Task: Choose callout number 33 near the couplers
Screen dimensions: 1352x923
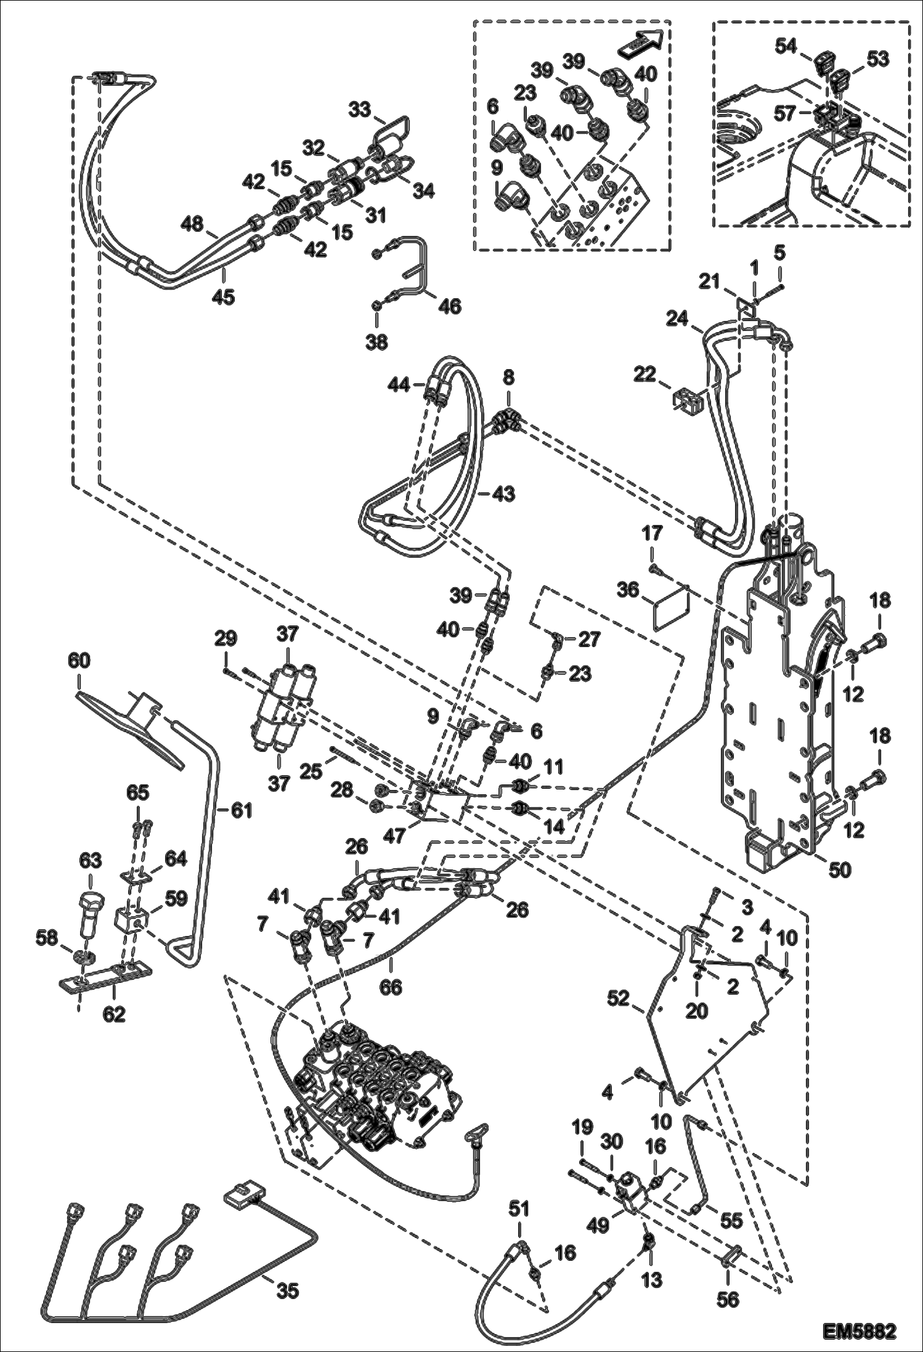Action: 359,110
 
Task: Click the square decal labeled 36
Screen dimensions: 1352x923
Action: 671,608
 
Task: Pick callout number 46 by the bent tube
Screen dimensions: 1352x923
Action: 451,306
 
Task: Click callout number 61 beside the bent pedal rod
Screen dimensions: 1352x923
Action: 242,810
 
